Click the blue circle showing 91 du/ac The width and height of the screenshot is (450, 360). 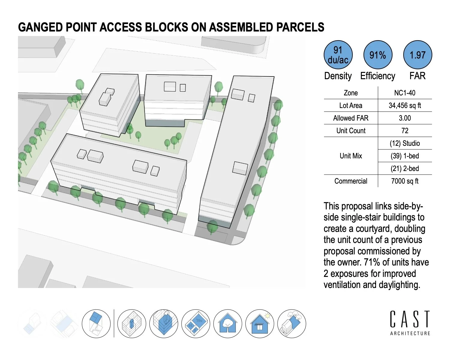[338, 55]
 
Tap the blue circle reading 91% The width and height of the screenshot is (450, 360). [378, 55]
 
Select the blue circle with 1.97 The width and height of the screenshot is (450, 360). [417, 55]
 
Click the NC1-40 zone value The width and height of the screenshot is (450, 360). [405, 93]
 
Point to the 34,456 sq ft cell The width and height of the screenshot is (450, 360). [405, 105]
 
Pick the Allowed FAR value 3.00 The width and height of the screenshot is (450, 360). [405, 118]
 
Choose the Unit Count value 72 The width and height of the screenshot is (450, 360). [405, 130]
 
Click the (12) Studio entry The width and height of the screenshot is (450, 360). [405, 143]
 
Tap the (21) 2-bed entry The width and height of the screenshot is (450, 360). [405, 168]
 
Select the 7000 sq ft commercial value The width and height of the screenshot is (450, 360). [405, 181]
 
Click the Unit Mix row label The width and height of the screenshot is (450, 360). [351, 156]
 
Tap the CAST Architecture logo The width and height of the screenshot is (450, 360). [410, 323]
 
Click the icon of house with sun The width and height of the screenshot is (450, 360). [260, 324]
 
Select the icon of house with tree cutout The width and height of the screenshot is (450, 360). [228, 324]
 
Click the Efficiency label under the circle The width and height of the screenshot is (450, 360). [378, 76]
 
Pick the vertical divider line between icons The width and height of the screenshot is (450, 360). [114, 323]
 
